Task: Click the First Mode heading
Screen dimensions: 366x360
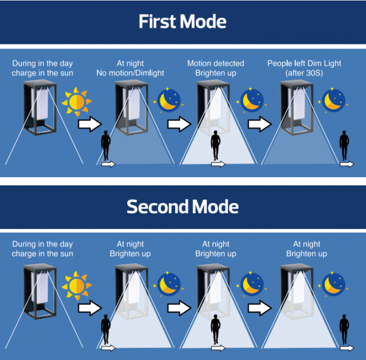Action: click(182, 21)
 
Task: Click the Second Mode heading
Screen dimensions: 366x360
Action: click(182, 206)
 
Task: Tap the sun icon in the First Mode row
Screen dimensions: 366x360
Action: click(77, 102)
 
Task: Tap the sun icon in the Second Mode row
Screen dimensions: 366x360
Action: click(77, 286)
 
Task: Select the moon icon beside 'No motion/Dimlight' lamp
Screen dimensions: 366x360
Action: click(168, 101)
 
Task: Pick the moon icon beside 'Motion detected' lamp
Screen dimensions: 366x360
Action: click(252, 101)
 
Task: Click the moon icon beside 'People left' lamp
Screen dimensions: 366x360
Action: click(333, 101)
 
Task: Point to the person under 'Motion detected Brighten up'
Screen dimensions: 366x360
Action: click(216, 145)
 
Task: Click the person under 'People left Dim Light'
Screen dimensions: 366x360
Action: click(344, 145)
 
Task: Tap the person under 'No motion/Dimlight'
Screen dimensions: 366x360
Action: click(106, 145)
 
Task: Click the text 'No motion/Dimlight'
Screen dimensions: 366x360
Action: click(130, 73)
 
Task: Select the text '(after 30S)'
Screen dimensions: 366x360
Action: click(304, 73)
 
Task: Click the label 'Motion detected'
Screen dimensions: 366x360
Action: click(216, 63)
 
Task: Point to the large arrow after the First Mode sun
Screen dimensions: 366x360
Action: click(90, 124)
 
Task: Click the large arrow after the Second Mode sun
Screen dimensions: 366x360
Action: click(90, 308)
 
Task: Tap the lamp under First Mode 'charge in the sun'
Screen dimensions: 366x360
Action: click(40, 107)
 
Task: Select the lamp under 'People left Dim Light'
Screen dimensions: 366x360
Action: click(297, 107)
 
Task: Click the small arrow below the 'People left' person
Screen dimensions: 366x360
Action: click(347, 164)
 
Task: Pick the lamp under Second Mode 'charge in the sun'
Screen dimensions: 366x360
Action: click(40, 291)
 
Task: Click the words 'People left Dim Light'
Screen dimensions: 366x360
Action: click(304, 63)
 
